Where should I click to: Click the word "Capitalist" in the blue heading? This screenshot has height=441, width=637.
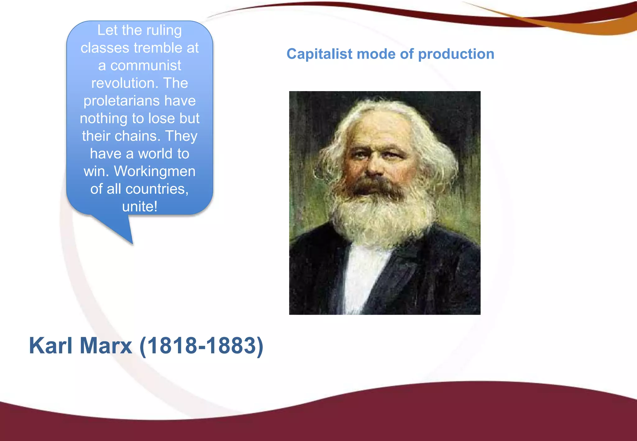(x=319, y=54)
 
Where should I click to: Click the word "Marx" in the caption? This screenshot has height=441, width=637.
(x=106, y=346)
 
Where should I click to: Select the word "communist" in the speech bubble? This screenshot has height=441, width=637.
(x=146, y=66)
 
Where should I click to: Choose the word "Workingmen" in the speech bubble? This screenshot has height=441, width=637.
(x=155, y=171)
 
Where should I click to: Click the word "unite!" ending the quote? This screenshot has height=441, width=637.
(x=140, y=207)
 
